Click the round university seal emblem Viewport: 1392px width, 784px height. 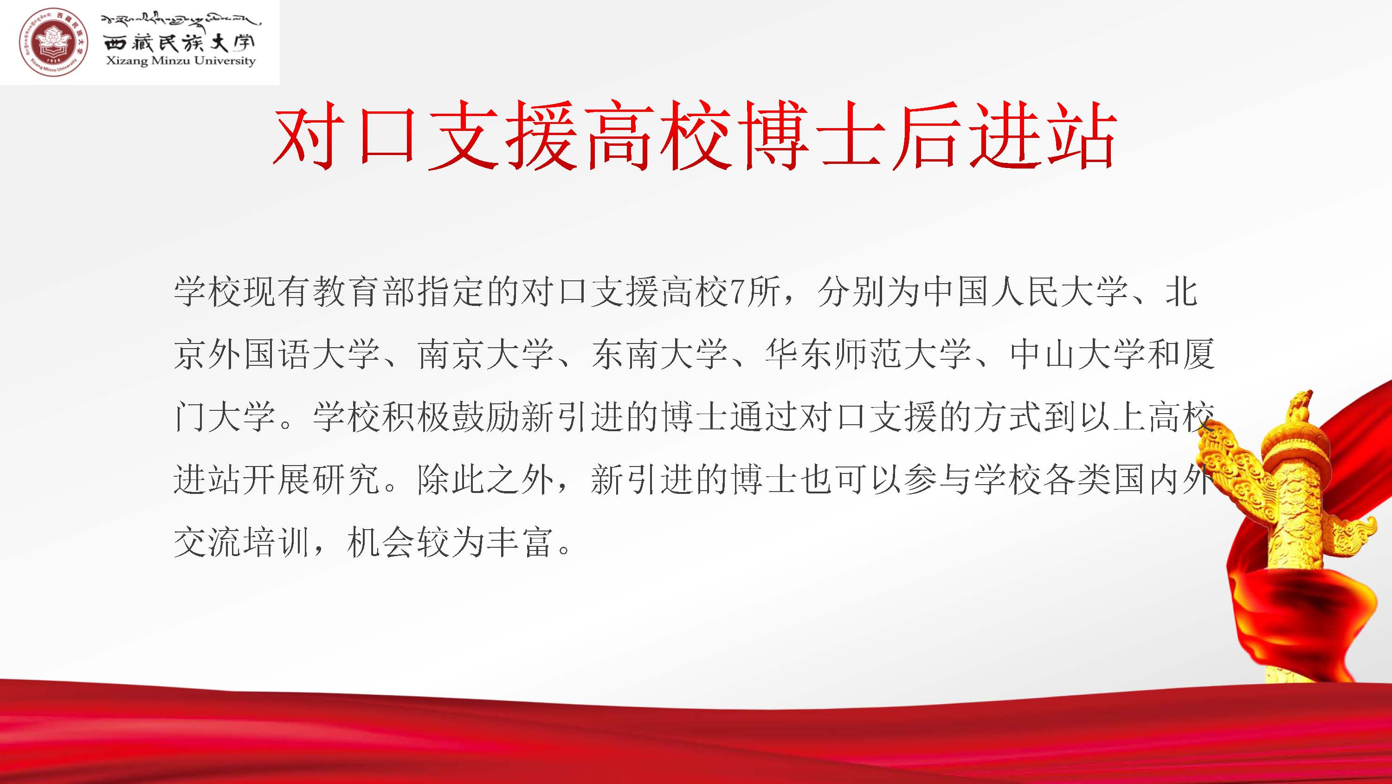point(53,42)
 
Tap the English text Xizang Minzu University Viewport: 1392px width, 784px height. point(180,60)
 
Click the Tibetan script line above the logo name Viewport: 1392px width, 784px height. point(180,20)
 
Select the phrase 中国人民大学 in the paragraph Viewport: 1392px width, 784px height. point(1025,292)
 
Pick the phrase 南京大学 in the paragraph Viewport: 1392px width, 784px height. point(485,355)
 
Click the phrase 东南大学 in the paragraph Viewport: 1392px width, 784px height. point(659,355)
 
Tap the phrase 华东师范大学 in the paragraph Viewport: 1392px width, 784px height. point(868,355)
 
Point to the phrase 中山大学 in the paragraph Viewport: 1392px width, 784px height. point(1077,355)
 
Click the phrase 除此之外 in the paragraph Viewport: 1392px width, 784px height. point(485,479)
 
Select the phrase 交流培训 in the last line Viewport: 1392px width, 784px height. point(242,542)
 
